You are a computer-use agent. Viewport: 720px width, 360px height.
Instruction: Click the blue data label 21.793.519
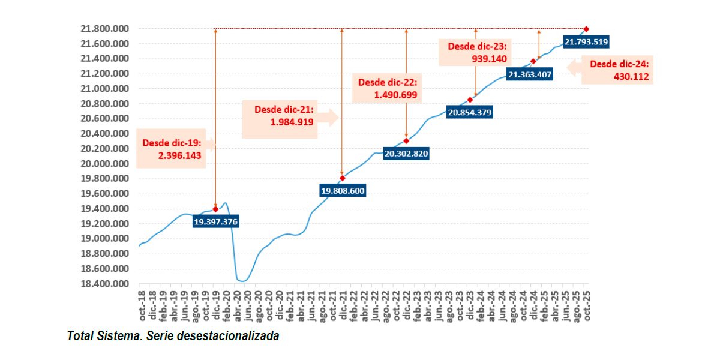point(586,41)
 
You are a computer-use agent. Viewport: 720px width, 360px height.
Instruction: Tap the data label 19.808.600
point(343,191)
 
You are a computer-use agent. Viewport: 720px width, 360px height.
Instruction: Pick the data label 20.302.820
point(406,154)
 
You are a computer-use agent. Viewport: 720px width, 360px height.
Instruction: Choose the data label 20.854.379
point(470,112)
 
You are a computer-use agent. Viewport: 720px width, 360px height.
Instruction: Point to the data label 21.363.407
point(530,74)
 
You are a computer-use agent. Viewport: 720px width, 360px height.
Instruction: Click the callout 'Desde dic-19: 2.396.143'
point(172,149)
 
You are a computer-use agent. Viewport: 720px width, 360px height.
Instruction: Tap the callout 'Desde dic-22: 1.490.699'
point(388,88)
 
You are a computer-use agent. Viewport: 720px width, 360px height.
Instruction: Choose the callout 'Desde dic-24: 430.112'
point(618,70)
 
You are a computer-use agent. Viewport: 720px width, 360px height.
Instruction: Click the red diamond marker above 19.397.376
point(215,209)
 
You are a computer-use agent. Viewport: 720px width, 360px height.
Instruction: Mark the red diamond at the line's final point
point(586,29)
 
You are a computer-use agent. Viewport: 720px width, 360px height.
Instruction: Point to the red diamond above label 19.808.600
point(343,178)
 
